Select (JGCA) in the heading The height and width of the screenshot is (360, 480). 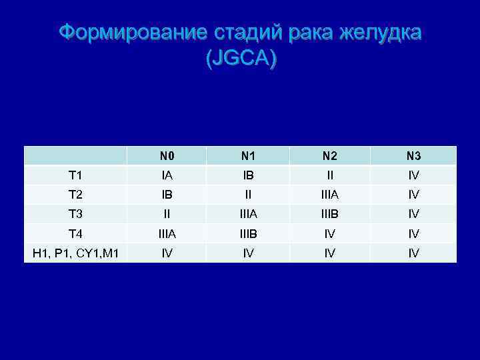tap(240, 59)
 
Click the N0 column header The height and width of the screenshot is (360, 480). tap(167, 157)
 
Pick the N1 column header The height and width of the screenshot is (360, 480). tap(248, 157)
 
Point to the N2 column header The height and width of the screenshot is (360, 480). tap(329, 157)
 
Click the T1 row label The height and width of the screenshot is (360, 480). tap(75, 175)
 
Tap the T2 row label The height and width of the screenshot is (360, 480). tap(75, 195)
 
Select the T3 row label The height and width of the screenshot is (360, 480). tap(75, 214)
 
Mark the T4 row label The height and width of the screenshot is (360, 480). tap(75, 234)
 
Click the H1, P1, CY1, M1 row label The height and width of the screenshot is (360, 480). tap(75, 253)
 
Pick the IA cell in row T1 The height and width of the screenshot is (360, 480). tap(167, 175)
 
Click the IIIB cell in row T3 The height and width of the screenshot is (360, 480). tap(329, 214)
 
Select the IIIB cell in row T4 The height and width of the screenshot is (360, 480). tap(248, 234)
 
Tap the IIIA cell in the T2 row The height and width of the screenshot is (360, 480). tap(329, 195)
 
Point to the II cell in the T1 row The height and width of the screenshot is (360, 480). tap(329, 175)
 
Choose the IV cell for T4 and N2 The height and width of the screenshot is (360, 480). tap(329, 234)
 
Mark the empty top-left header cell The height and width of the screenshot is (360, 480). tap(75, 156)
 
